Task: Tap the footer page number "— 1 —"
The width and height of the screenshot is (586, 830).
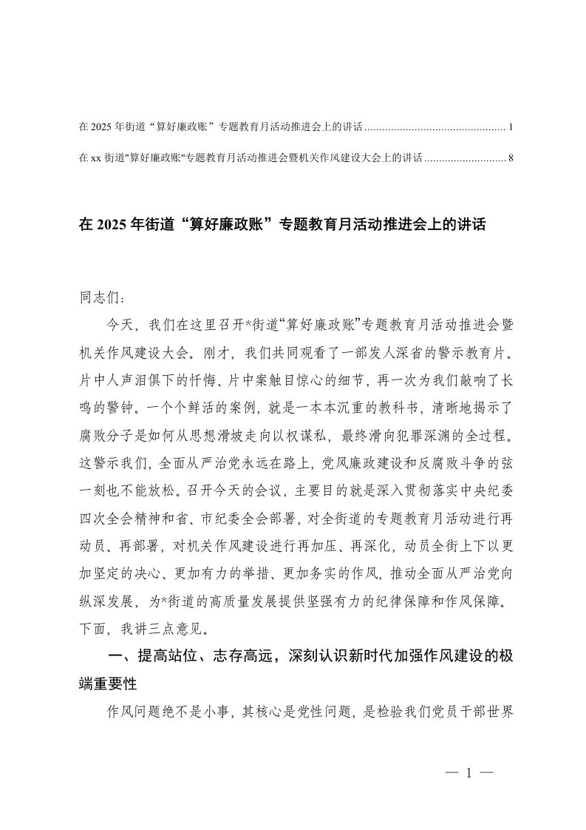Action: [x=468, y=774]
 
